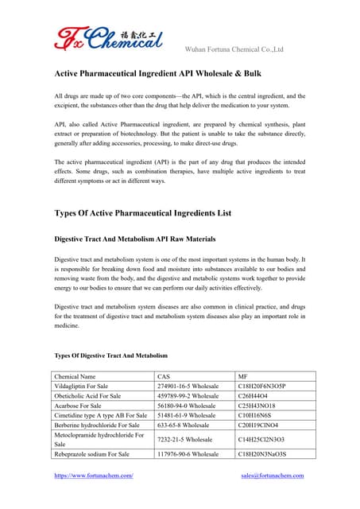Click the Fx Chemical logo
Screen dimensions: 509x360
click(108, 37)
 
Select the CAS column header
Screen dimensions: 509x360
click(164, 375)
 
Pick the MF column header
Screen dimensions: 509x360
click(243, 375)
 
